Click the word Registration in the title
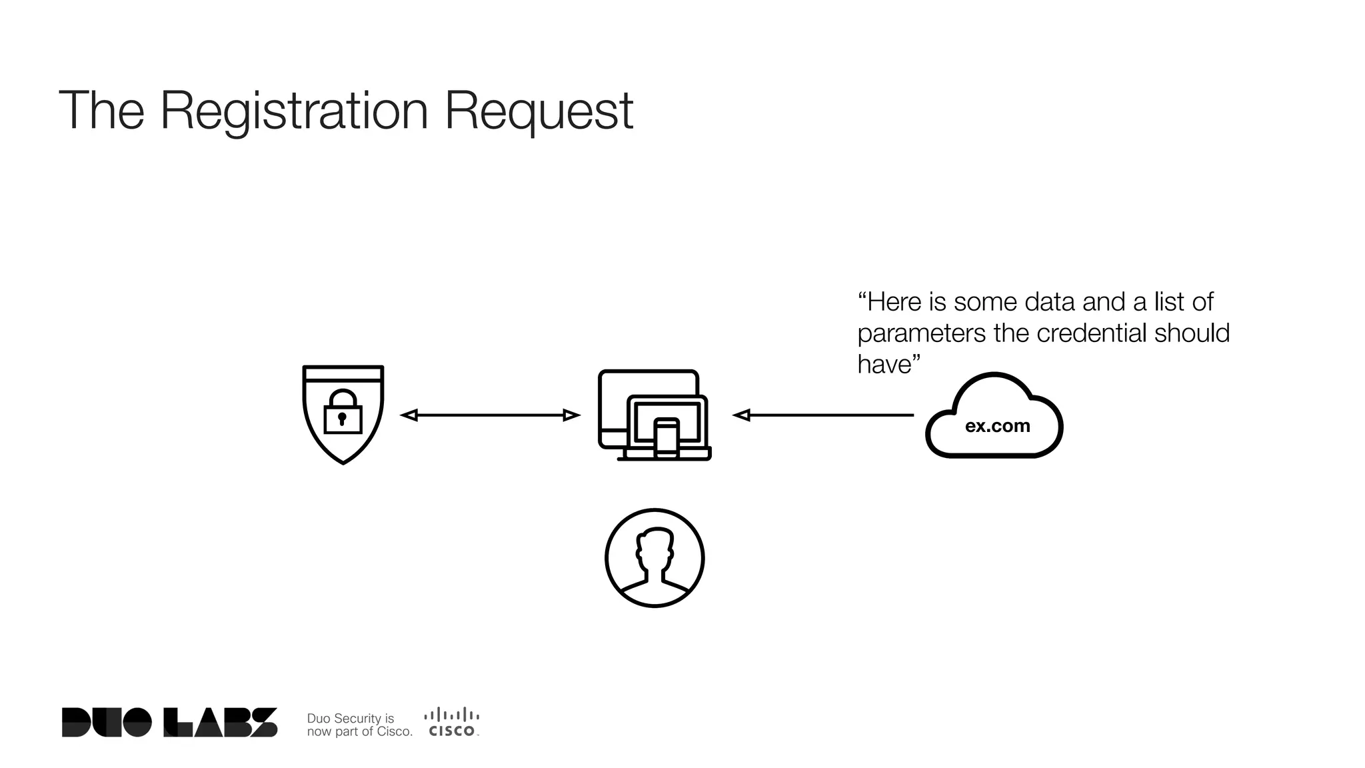coord(294,111)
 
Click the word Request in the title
coord(539,111)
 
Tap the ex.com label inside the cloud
coord(997,426)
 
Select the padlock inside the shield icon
coord(343,413)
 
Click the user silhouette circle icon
coord(655,558)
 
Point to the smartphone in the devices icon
coord(667,438)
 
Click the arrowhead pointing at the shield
coord(409,415)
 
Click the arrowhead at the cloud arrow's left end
coord(741,415)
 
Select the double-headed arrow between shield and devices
coord(490,415)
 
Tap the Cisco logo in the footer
coord(452,723)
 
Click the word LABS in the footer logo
coord(220,723)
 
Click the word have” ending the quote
coord(888,365)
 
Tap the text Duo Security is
coord(350,718)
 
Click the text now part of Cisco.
coord(359,731)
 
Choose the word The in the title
coord(101,111)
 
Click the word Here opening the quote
coord(893,302)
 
